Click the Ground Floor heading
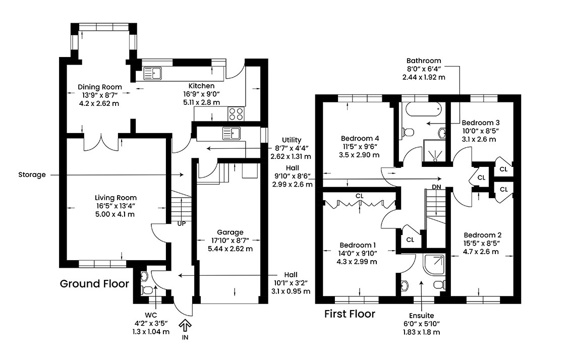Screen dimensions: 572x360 pos(94,284)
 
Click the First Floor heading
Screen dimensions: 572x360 pos(350,314)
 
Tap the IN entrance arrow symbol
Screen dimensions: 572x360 pos(185,325)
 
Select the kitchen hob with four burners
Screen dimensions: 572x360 pos(236,114)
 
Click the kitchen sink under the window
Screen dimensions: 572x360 pos(152,73)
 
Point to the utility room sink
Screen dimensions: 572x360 pos(232,134)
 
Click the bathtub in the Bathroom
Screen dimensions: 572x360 pos(424,109)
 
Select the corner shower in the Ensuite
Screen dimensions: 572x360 pos(434,264)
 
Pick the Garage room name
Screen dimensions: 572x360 pos(230,232)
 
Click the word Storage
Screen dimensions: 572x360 pos(32,175)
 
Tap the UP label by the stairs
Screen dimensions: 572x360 pos(181,223)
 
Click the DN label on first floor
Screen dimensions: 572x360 pos(436,187)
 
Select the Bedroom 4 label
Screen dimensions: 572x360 pos(360,138)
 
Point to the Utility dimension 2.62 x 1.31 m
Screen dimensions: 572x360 pos(291,156)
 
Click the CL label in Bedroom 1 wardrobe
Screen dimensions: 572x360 pos(360,196)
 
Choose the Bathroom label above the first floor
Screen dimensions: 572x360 pos(424,61)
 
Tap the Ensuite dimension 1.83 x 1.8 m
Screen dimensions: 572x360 pos(421,332)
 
